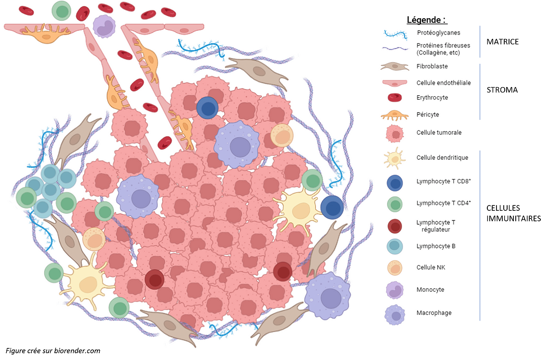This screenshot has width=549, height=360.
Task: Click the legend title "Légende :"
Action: pos(427,20)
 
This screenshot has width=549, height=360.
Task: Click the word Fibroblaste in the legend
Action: pos(432,66)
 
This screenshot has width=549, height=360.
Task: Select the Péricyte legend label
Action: pos(428,115)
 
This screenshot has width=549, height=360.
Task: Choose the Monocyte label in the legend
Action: pos(430,290)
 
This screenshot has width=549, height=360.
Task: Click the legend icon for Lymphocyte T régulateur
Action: pos(395,226)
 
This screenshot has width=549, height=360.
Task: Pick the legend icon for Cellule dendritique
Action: pos(395,158)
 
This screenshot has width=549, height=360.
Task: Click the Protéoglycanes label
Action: pos(438,33)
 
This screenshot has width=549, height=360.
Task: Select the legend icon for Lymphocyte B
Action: pos(395,246)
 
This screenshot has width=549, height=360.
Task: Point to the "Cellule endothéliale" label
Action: pos(444,83)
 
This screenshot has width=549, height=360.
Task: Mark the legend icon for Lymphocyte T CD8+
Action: pos(395,182)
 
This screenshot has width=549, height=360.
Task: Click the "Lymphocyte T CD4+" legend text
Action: pos(444,203)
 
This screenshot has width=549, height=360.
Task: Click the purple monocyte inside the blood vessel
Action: pos(104,26)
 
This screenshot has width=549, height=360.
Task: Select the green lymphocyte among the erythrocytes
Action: pos(61,11)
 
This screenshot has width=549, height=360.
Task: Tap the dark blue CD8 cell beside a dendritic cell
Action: pos(332,208)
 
